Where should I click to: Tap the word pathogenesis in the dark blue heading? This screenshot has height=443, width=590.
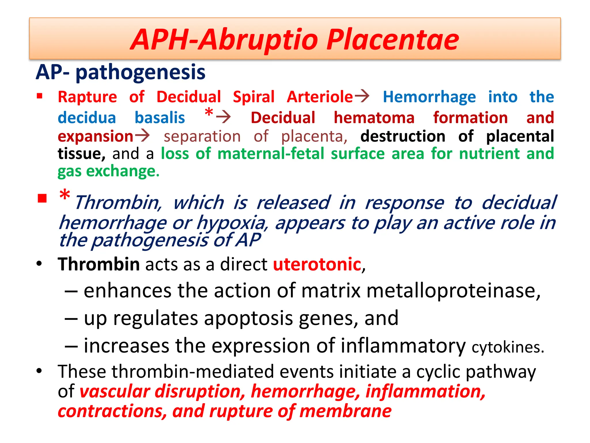point(140,72)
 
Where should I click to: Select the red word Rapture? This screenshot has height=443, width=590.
point(87,97)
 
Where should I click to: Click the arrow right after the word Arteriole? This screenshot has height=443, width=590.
point(362,96)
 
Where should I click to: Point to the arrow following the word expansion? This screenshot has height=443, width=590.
point(142,136)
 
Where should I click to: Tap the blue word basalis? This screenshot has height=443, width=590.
point(160,118)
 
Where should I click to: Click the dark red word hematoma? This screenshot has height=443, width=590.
point(374,118)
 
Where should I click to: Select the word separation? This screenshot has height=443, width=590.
point(202,136)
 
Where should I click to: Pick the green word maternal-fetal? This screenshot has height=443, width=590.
point(271,153)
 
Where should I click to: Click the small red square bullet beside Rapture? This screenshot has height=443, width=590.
point(40,96)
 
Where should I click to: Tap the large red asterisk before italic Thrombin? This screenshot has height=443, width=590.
point(65,196)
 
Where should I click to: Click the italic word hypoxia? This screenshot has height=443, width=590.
point(232,223)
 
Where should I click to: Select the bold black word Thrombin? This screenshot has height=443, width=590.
point(99,264)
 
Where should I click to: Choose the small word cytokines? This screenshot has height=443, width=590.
point(508,347)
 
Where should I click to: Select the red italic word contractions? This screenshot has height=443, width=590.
point(112,411)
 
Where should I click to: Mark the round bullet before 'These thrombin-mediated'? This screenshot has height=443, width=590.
point(39,371)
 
